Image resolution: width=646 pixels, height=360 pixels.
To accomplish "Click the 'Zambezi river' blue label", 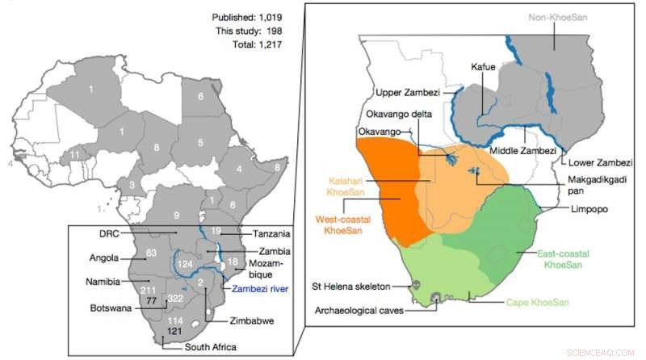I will pyautogui.click(x=258, y=287).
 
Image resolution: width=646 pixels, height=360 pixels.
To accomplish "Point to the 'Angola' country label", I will pyautogui.click(x=105, y=259).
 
